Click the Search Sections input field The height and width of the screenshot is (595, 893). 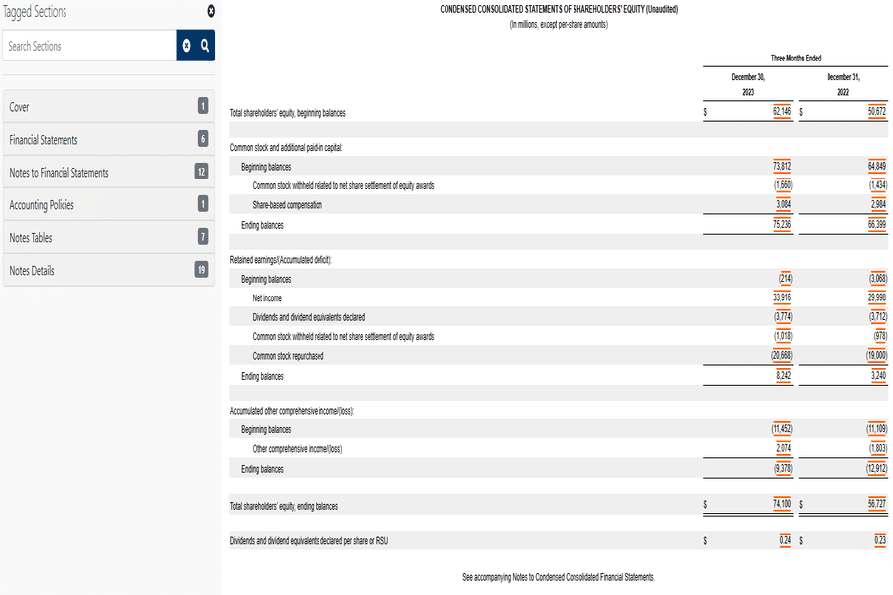(89, 46)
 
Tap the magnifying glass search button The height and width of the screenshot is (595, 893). (205, 46)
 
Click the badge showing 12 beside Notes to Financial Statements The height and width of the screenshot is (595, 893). (202, 172)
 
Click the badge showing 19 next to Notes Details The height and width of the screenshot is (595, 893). (202, 270)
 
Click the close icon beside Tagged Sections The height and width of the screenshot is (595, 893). (210, 11)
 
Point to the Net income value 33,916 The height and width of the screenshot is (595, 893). (781, 297)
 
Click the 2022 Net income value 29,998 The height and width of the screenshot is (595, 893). (876, 297)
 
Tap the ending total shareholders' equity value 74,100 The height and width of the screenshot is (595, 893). (781, 506)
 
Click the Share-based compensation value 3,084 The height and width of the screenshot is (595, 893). (782, 204)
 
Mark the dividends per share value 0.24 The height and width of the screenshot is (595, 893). (785, 541)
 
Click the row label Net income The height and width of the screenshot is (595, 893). (267, 297)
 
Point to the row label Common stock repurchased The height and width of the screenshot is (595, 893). (288, 356)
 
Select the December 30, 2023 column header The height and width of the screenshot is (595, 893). (748, 84)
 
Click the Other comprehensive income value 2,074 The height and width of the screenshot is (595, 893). (782, 449)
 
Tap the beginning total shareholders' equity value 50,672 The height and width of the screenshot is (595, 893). (876, 112)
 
